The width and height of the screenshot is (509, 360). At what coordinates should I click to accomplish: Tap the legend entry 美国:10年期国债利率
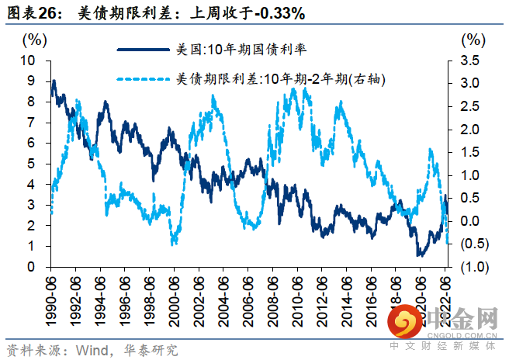tap(241, 49)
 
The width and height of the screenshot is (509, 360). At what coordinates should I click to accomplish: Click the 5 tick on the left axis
tap(31, 164)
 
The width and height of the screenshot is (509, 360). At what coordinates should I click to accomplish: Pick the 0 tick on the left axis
tap(31, 267)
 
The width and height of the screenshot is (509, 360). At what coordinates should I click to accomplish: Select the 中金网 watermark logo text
tap(465, 320)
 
